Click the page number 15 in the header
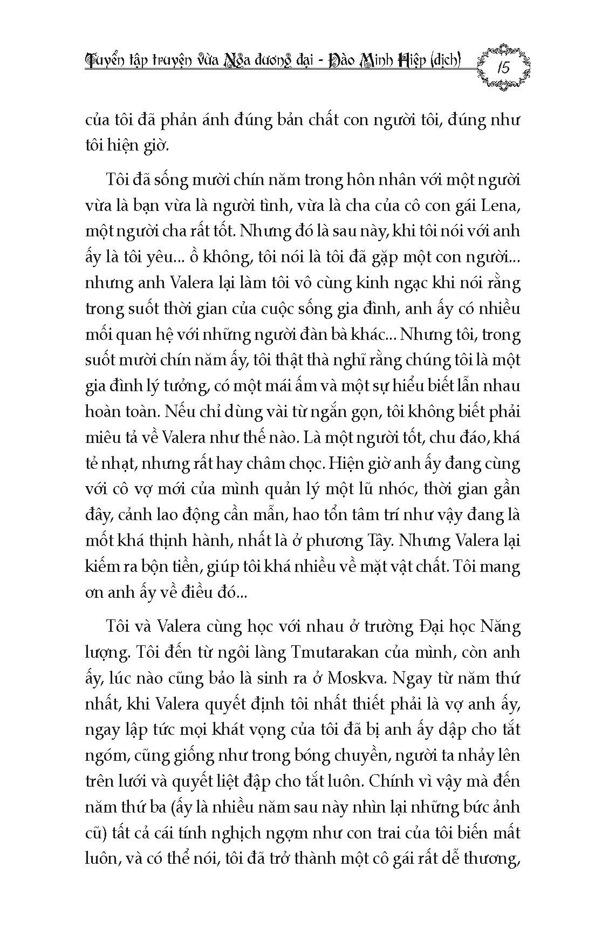[x=504, y=68]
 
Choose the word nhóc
[x=378, y=489]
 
